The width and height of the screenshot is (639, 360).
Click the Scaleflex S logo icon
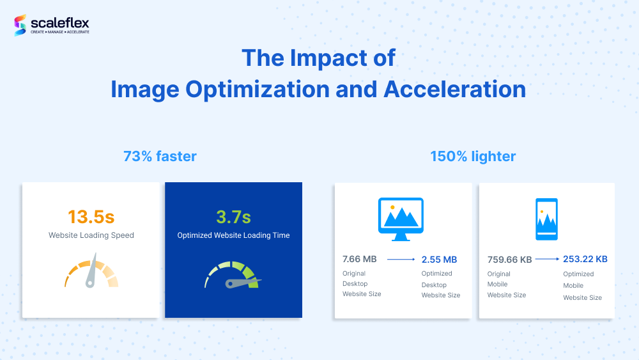point(20,26)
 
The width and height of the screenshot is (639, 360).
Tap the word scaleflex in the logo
point(60,23)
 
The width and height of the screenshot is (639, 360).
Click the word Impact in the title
point(328,58)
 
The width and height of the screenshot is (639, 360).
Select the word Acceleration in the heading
point(455,90)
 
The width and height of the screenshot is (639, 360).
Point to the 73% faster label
point(160,156)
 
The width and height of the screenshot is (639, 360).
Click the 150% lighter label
point(473,156)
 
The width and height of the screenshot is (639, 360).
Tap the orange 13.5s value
point(91,217)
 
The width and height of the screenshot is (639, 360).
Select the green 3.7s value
point(233,217)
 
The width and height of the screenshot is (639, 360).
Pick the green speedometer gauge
point(233,275)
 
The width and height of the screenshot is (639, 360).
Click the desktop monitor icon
point(401,219)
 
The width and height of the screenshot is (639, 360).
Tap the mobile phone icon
point(546,219)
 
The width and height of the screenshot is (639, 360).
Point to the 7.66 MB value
point(359,260)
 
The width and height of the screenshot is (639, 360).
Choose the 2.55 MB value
point(440,260)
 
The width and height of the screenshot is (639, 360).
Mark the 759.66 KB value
point(509,260)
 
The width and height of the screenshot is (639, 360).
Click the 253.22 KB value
point(585,259)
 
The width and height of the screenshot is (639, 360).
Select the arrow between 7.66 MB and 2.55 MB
point(401,260)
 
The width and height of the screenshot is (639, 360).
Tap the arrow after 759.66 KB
point(548,259)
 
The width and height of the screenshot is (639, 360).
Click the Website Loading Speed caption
point(91,235)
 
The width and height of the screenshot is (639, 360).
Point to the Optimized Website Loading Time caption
point(233,235)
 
